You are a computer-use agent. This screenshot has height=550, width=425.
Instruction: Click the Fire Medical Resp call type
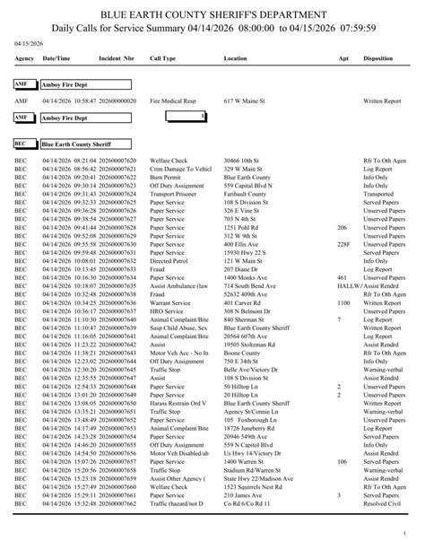174,101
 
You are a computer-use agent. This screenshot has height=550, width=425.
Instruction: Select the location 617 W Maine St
247,101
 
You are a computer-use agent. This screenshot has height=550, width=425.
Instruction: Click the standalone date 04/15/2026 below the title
29,41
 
